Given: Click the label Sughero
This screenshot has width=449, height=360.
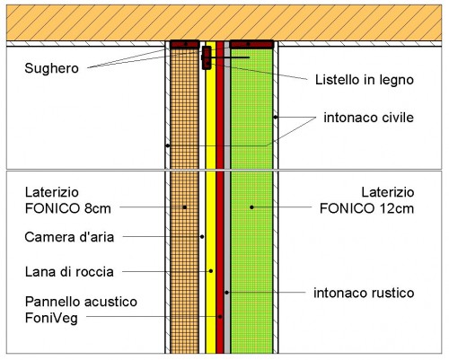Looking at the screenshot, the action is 51,68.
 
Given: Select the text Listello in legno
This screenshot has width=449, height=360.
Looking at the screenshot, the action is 365,80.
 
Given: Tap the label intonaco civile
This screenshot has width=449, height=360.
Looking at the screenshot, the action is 368,118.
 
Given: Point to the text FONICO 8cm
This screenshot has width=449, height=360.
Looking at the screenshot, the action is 68,208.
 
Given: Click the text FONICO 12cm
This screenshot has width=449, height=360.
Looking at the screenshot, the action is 366,208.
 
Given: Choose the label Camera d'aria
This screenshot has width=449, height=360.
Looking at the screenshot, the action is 69,237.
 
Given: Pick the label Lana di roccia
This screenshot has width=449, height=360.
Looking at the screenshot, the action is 69,272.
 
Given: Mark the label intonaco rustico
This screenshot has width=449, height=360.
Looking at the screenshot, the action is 364,293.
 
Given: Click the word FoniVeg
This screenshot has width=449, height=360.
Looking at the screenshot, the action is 51,318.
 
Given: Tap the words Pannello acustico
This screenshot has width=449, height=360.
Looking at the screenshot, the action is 81,302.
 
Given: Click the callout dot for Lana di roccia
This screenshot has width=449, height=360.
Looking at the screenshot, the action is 211,271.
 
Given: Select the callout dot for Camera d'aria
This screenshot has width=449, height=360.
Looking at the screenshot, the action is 202,237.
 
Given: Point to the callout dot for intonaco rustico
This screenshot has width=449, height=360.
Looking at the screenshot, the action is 227,293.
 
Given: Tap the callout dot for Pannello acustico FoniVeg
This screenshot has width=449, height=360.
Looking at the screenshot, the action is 220,316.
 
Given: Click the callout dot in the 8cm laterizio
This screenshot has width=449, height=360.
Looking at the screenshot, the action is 185,207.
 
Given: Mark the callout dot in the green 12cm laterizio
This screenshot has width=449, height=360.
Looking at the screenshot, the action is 251,207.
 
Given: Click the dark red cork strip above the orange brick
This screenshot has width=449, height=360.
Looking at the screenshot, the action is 185,44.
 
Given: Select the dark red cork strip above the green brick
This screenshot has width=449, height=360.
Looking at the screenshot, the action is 251,44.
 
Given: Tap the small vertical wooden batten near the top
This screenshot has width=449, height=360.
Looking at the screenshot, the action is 207,57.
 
